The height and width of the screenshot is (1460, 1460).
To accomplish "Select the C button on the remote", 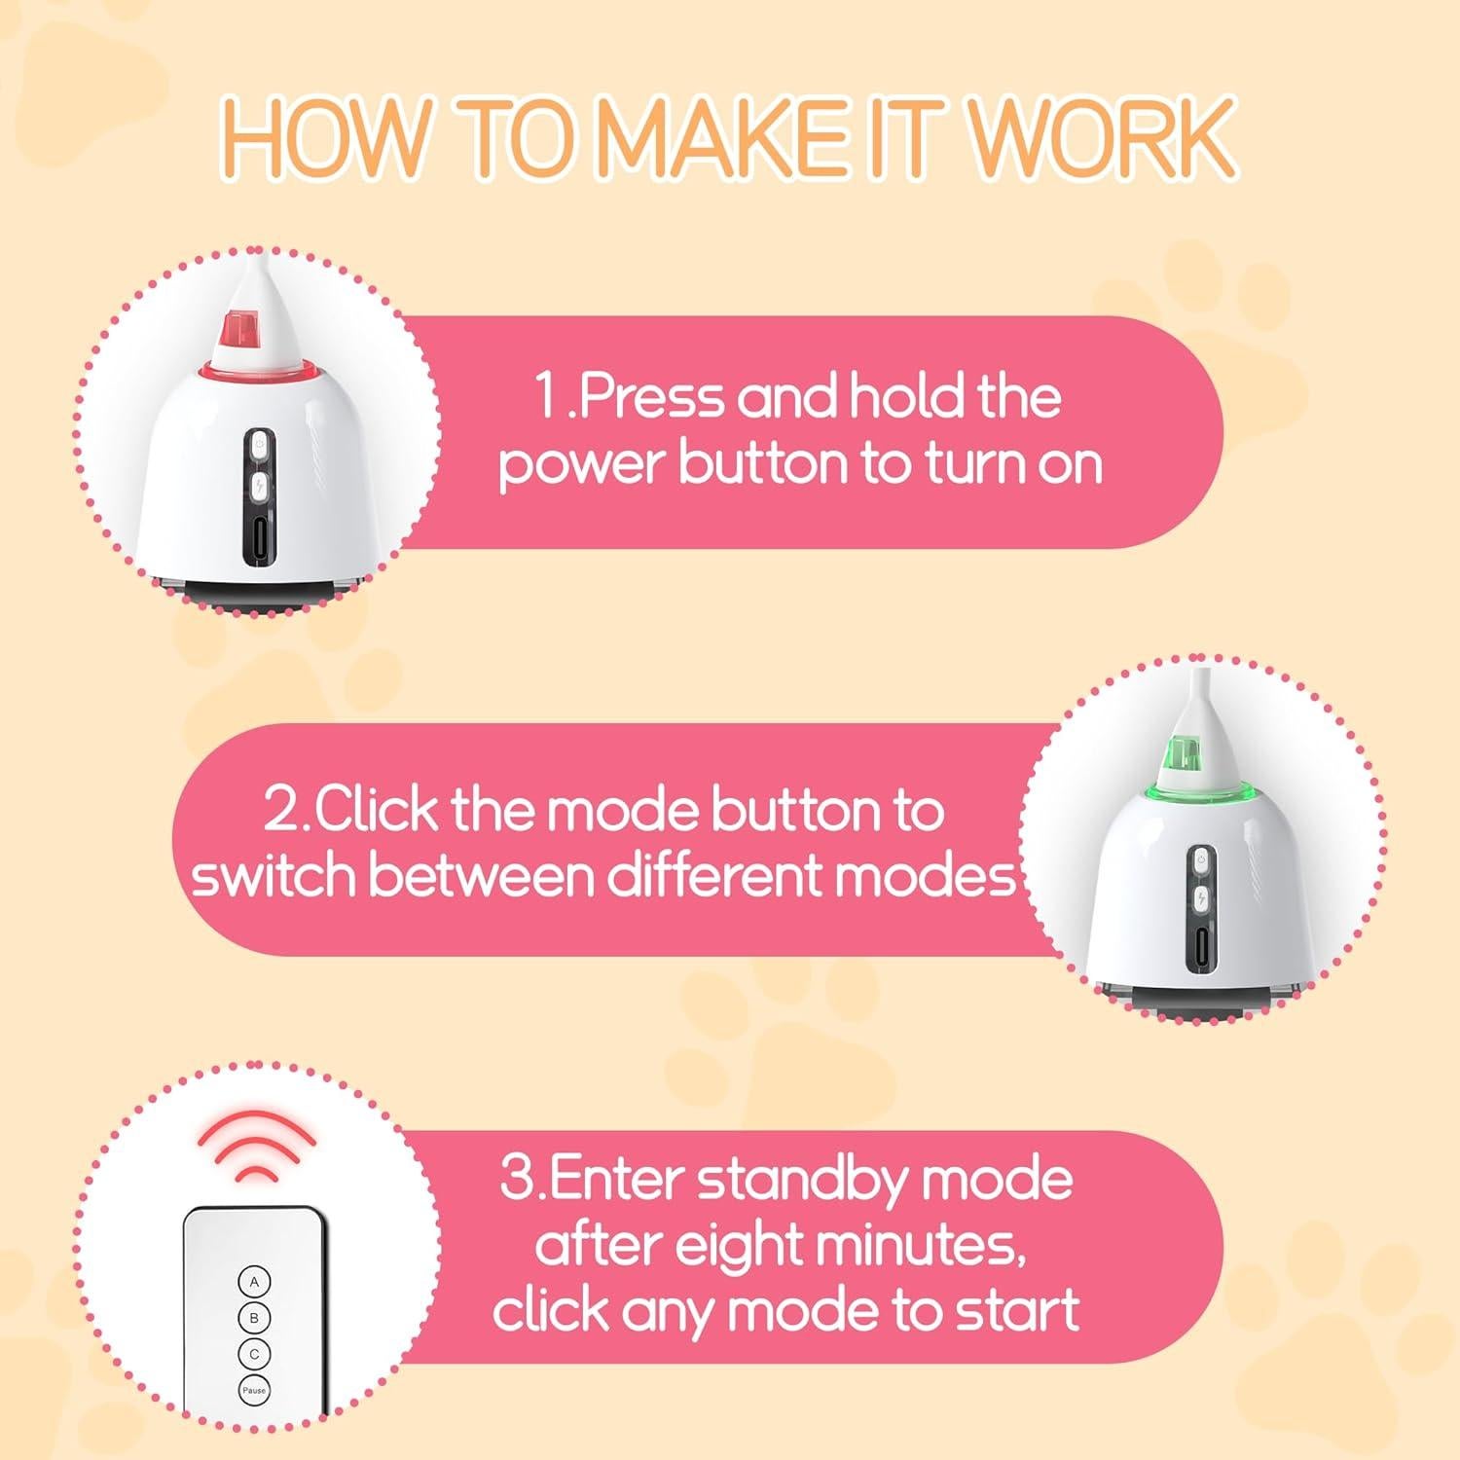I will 254,1354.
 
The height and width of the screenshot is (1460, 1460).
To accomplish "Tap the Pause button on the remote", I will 254,1391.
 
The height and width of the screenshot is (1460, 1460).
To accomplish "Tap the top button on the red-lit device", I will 259,444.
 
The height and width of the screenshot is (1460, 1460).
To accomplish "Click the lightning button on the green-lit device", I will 1201,897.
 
